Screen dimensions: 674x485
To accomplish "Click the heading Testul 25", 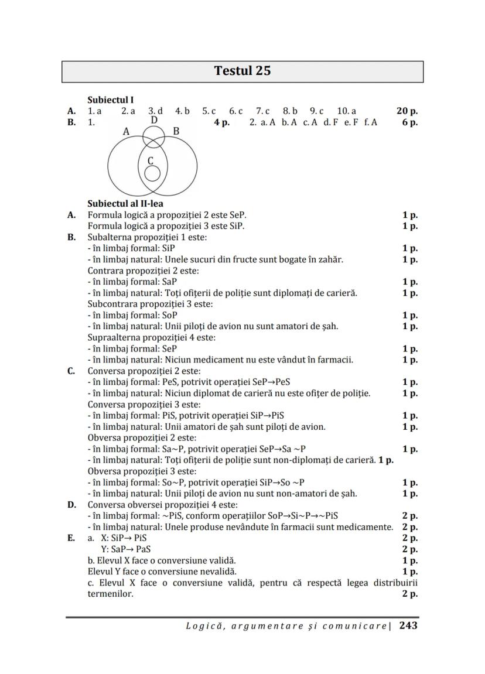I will point(243,71).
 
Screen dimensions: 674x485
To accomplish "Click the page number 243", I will point(408,625).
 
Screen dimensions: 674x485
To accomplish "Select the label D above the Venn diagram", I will point(154,121).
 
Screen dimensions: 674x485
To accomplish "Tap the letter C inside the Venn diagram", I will point(151,160).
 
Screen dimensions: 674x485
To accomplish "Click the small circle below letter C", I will point(152,173).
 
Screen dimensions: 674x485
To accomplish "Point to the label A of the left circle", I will point(126,132).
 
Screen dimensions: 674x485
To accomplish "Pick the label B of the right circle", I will point(176,131).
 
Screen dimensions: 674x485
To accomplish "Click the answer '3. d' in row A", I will point(155,111).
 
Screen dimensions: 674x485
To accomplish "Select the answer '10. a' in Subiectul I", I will point(346,111).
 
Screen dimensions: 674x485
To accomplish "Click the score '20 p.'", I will point(407,111).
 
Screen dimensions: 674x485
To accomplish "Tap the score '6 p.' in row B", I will point(409,122).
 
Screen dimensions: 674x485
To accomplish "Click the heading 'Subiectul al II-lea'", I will point(125,204).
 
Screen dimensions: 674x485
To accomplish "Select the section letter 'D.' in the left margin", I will point(71,505).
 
